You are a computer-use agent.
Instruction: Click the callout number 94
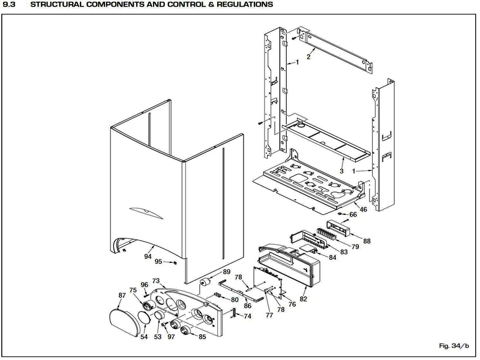point(148,256)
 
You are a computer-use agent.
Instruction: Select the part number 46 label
point(363,209)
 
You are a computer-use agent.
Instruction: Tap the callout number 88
point(367,241)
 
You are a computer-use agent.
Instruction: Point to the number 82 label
point(303,298)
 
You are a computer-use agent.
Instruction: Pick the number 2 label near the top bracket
point(308,57)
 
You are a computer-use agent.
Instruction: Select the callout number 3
point(342,171)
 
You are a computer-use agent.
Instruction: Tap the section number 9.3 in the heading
point(10,5)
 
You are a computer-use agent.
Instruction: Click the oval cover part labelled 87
point(121,317)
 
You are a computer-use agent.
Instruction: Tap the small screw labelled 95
point(173,262)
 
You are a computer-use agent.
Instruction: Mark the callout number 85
point(202,337)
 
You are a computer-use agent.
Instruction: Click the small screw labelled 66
point(340,213)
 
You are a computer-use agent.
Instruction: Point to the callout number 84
point(332,257)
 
